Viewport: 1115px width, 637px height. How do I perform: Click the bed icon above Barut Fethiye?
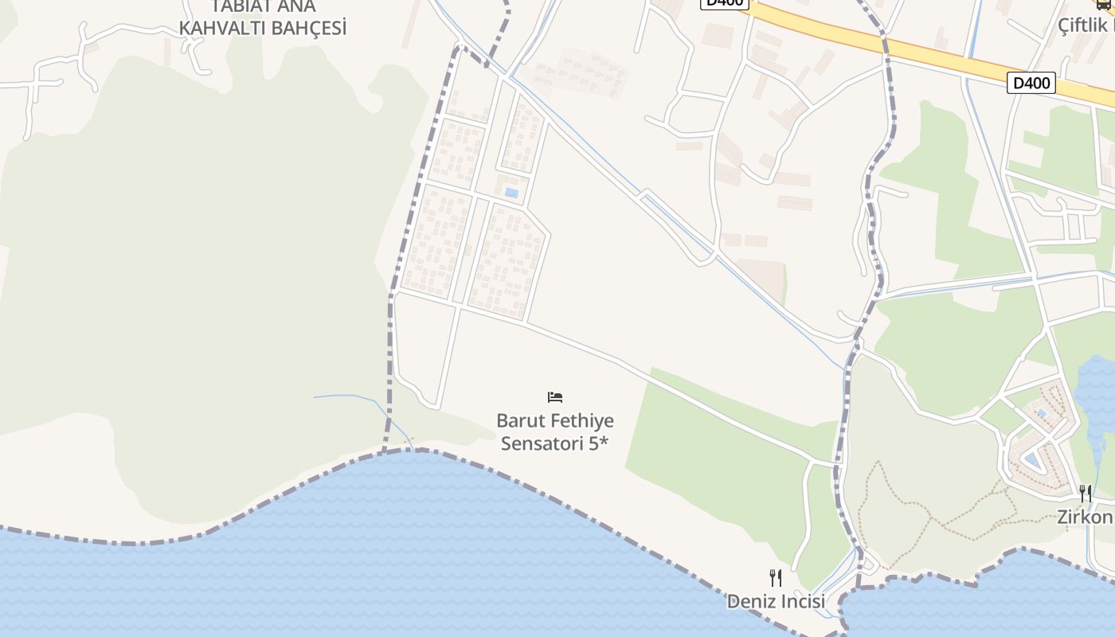555,397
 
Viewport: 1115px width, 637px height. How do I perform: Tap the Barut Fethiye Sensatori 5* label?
555,432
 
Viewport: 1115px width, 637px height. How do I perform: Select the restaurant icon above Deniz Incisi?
776,577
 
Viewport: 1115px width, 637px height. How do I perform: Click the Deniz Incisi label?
776,602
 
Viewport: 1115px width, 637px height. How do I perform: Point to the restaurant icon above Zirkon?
1086,494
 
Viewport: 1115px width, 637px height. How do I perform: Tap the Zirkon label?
1085,517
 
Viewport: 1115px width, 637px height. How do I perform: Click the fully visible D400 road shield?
1031,83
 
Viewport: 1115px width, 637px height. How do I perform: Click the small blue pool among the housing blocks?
511,193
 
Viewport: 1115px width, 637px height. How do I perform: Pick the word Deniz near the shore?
749,602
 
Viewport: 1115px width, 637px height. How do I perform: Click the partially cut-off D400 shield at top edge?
725,3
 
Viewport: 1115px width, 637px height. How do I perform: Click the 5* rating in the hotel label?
598,444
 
